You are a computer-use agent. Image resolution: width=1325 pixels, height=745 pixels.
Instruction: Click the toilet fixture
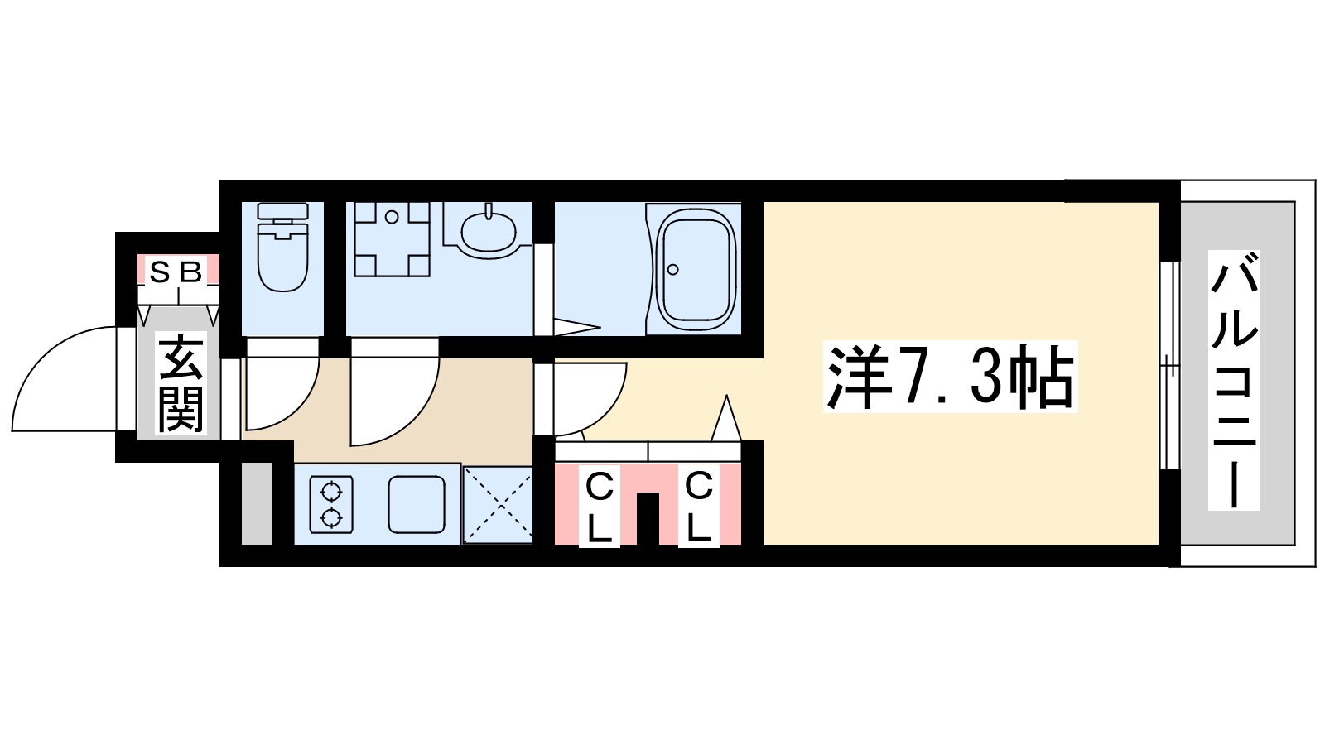[x=283, y=248]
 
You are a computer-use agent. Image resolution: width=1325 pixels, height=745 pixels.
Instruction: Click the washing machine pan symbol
[x=392, y=238]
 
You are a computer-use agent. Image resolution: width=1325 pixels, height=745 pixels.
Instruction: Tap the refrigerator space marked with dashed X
[x=497, y=504]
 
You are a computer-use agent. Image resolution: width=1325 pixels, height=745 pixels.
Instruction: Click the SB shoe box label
[x=176, y=272]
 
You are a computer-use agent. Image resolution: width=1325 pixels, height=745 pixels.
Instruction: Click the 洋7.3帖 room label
[x=949, y=377]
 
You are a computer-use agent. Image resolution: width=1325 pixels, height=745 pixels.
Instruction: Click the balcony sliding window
[x=1168, y=364]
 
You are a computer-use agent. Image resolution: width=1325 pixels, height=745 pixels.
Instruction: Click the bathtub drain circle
[x=673, y=269]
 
